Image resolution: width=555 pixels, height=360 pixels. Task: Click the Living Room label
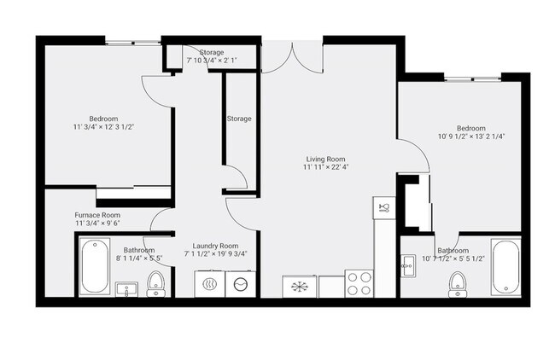pos(325,159)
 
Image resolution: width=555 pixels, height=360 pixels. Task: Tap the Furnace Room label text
pos(97,214)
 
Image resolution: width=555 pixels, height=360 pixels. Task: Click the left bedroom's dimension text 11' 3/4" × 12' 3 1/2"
pos(103,127)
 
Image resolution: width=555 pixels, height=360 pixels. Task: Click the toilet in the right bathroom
pos(458,282)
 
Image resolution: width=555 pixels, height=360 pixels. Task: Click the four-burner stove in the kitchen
pos(358,283)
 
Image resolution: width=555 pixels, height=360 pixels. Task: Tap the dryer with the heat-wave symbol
pos(207,284)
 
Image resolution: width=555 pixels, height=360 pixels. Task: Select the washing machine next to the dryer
pos(241,284)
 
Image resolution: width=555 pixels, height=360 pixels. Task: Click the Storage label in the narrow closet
pos(239,119)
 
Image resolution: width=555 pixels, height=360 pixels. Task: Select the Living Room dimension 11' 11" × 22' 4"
pos(325,167)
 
